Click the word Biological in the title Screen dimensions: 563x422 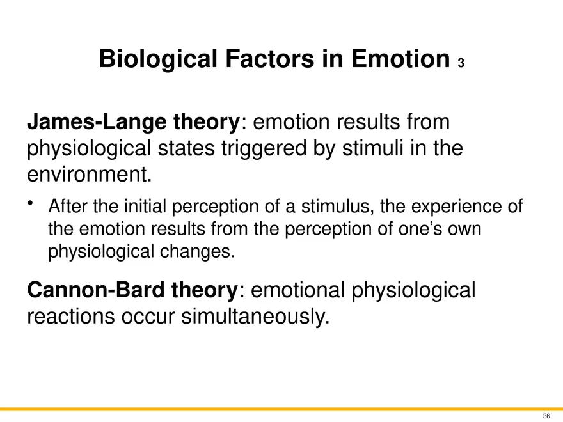point(159,59)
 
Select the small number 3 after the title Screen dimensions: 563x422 point(461,63)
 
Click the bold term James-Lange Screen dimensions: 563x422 point(97,122)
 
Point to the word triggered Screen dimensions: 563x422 point(264,148)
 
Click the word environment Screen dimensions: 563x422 point(90,175)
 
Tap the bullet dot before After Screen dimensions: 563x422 point(30,203)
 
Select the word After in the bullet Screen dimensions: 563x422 point(68,207)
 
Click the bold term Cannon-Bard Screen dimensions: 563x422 point(96,290)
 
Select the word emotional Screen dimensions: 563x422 point(297,290)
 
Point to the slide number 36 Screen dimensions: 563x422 point(546,416)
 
